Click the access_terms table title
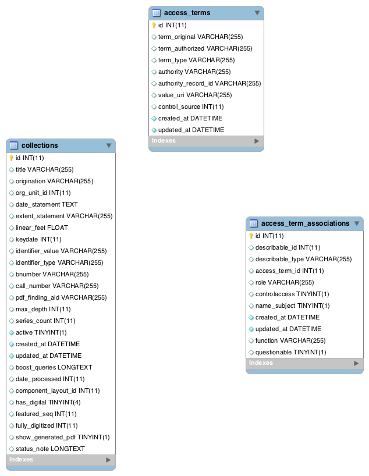tap(187, 13)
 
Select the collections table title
tap(40, 145)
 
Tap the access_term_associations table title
tap(305, 223)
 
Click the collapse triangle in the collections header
tap(109, 145)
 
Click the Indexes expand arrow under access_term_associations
tap(356, 363)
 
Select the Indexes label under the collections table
tap(21, 459)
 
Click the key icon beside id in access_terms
tap(154, 25)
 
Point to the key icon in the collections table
tap(11, 158)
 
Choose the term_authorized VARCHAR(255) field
tap(205, 48)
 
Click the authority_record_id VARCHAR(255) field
tap(210, 83)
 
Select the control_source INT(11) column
tap(191, 107)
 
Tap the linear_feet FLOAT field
tap(41, 228)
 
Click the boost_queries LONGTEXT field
tap(54, 367)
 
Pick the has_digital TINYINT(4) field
tap(48, 402)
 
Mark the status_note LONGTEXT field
tap(50, 449)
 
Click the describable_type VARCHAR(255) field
tap(303, 260)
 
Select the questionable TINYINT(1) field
tap(290, 353)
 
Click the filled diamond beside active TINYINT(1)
tap(12, 333)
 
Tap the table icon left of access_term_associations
tap(254, 223)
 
